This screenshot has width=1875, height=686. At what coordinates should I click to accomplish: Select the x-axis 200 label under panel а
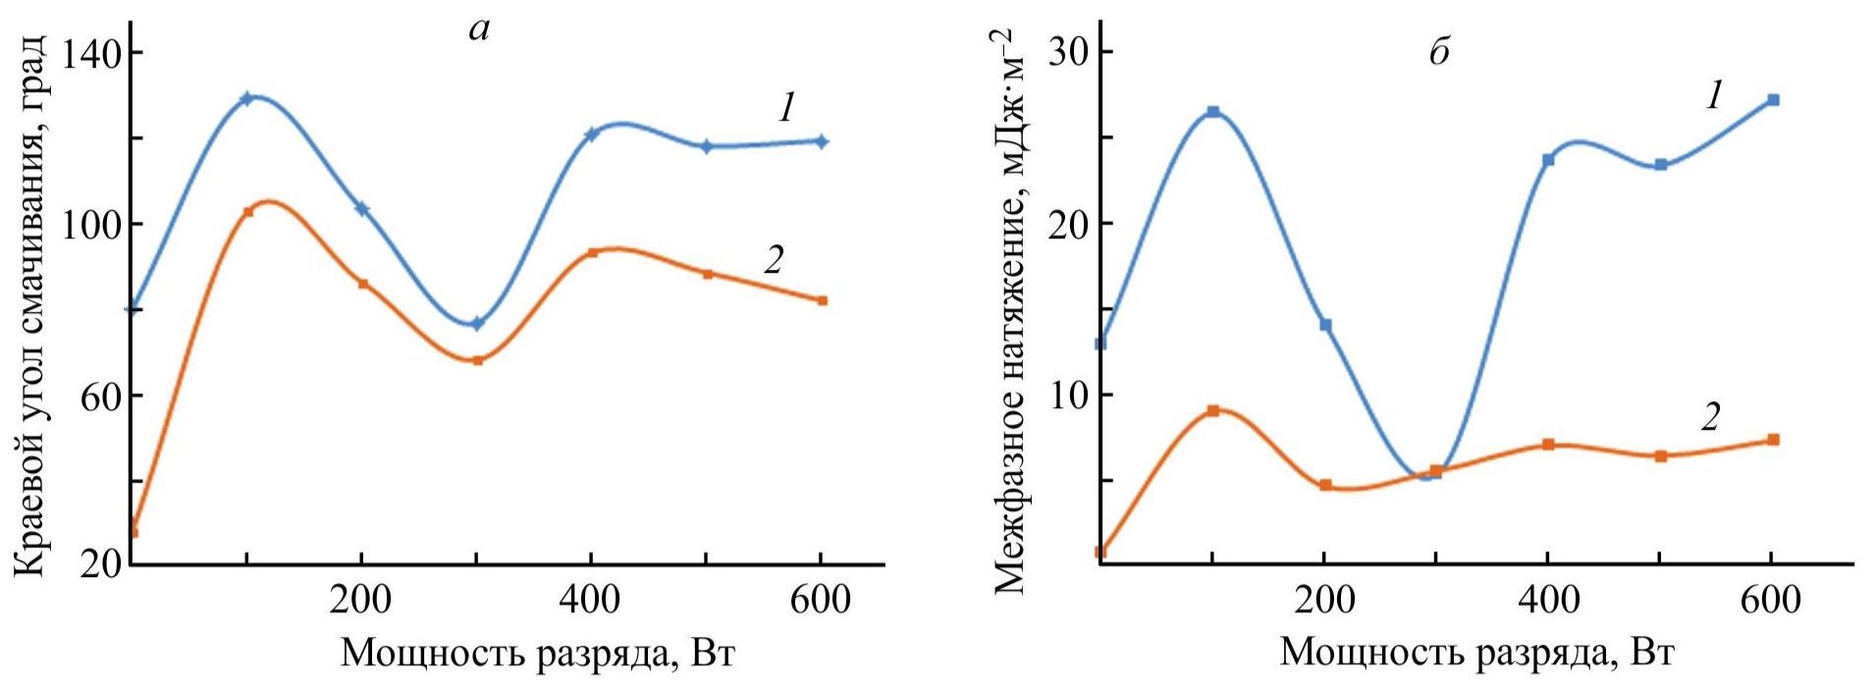(x=361, y=600)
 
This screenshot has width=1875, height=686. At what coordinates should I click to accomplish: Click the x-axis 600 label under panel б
(x=1770, y=600)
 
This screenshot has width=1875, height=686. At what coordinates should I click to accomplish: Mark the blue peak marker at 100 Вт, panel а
(x=247, y=98)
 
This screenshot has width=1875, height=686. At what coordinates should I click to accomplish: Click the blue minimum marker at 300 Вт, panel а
(x=477, y=324)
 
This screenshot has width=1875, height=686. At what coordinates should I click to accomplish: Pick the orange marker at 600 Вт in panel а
(x=823, y=300)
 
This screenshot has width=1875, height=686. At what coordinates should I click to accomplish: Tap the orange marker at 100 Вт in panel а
(x=248, y=212)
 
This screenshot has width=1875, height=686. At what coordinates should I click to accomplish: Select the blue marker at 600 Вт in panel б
(x=1773, y=100)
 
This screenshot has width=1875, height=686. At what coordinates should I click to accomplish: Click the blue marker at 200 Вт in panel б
(x=1325, y=325)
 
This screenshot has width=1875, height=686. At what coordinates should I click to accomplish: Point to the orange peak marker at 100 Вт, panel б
(x=1213, y=411)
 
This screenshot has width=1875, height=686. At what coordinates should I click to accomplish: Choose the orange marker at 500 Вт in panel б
(x=1661, y=456)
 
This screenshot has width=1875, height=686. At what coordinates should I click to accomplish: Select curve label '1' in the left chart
(x=786, y=109)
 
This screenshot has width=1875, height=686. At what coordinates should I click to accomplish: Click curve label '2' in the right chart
(x=1710, y=417)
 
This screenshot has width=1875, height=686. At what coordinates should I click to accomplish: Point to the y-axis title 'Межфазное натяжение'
(x=1011, y=314)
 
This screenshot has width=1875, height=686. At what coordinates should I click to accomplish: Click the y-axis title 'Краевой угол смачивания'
(x=30, y=304)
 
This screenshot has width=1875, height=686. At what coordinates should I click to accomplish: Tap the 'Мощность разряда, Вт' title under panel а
(x=537, y=653)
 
